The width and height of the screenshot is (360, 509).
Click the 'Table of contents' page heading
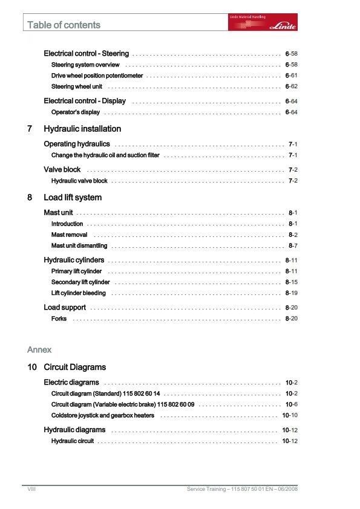64,25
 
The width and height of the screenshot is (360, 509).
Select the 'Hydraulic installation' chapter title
82,129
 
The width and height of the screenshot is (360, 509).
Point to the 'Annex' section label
39,349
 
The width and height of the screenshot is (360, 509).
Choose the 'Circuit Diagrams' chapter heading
74,367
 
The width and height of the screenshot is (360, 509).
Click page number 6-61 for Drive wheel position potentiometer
290,76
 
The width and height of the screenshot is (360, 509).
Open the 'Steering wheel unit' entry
76,86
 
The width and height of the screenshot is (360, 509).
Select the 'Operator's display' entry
76,112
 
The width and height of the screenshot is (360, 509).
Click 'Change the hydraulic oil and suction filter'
105,155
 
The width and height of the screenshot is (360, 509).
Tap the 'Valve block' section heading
62,170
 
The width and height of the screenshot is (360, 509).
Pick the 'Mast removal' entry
69,235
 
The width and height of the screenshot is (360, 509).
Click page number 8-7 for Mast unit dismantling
293,245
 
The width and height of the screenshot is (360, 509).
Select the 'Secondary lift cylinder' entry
80,282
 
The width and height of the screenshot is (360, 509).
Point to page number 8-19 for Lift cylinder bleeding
290,293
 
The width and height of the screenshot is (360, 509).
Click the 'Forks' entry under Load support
59,319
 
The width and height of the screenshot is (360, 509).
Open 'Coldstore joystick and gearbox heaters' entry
103,415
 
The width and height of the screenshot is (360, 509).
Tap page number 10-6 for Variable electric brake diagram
291,404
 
